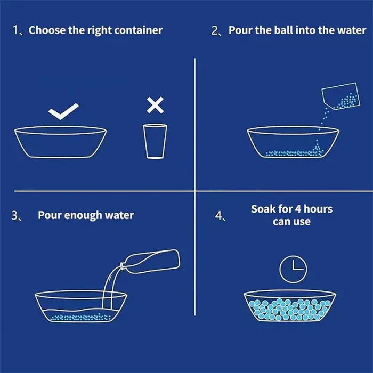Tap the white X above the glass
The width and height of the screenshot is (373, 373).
pyautogui.click(x=155, y=105)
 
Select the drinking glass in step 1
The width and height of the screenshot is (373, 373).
pyautogui.click(x=155, y=141)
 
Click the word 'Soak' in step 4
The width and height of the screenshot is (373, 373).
pyautogui.click(x=263, y=209)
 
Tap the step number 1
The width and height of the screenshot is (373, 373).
pyautogui.click(x=15, y=30)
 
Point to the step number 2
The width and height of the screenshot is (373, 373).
pyautogui.click(x=215, y=31)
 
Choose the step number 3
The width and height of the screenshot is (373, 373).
pyautogui.click(x=15, y=215)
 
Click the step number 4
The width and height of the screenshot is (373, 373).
pyautogui.click(x=218, y=216)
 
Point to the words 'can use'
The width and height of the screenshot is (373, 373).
pyautogui.click(x=291, y=222)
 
